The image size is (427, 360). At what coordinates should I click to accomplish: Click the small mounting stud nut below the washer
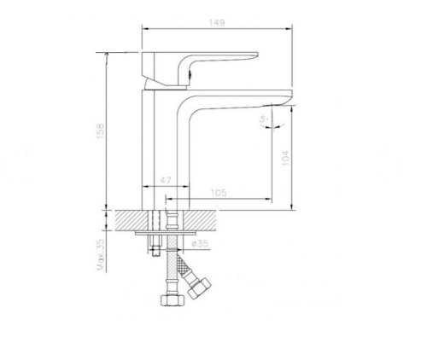[x=155, y=249]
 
